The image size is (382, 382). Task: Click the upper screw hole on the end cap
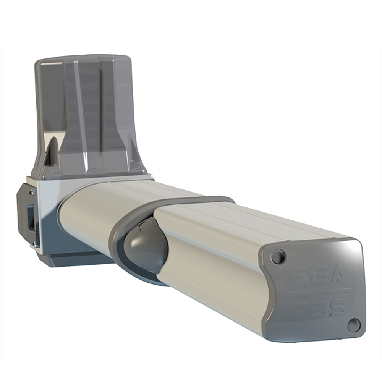(278, 256)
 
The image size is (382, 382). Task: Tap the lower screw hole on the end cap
(353, 325)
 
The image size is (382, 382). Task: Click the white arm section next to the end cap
(214, 252)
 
